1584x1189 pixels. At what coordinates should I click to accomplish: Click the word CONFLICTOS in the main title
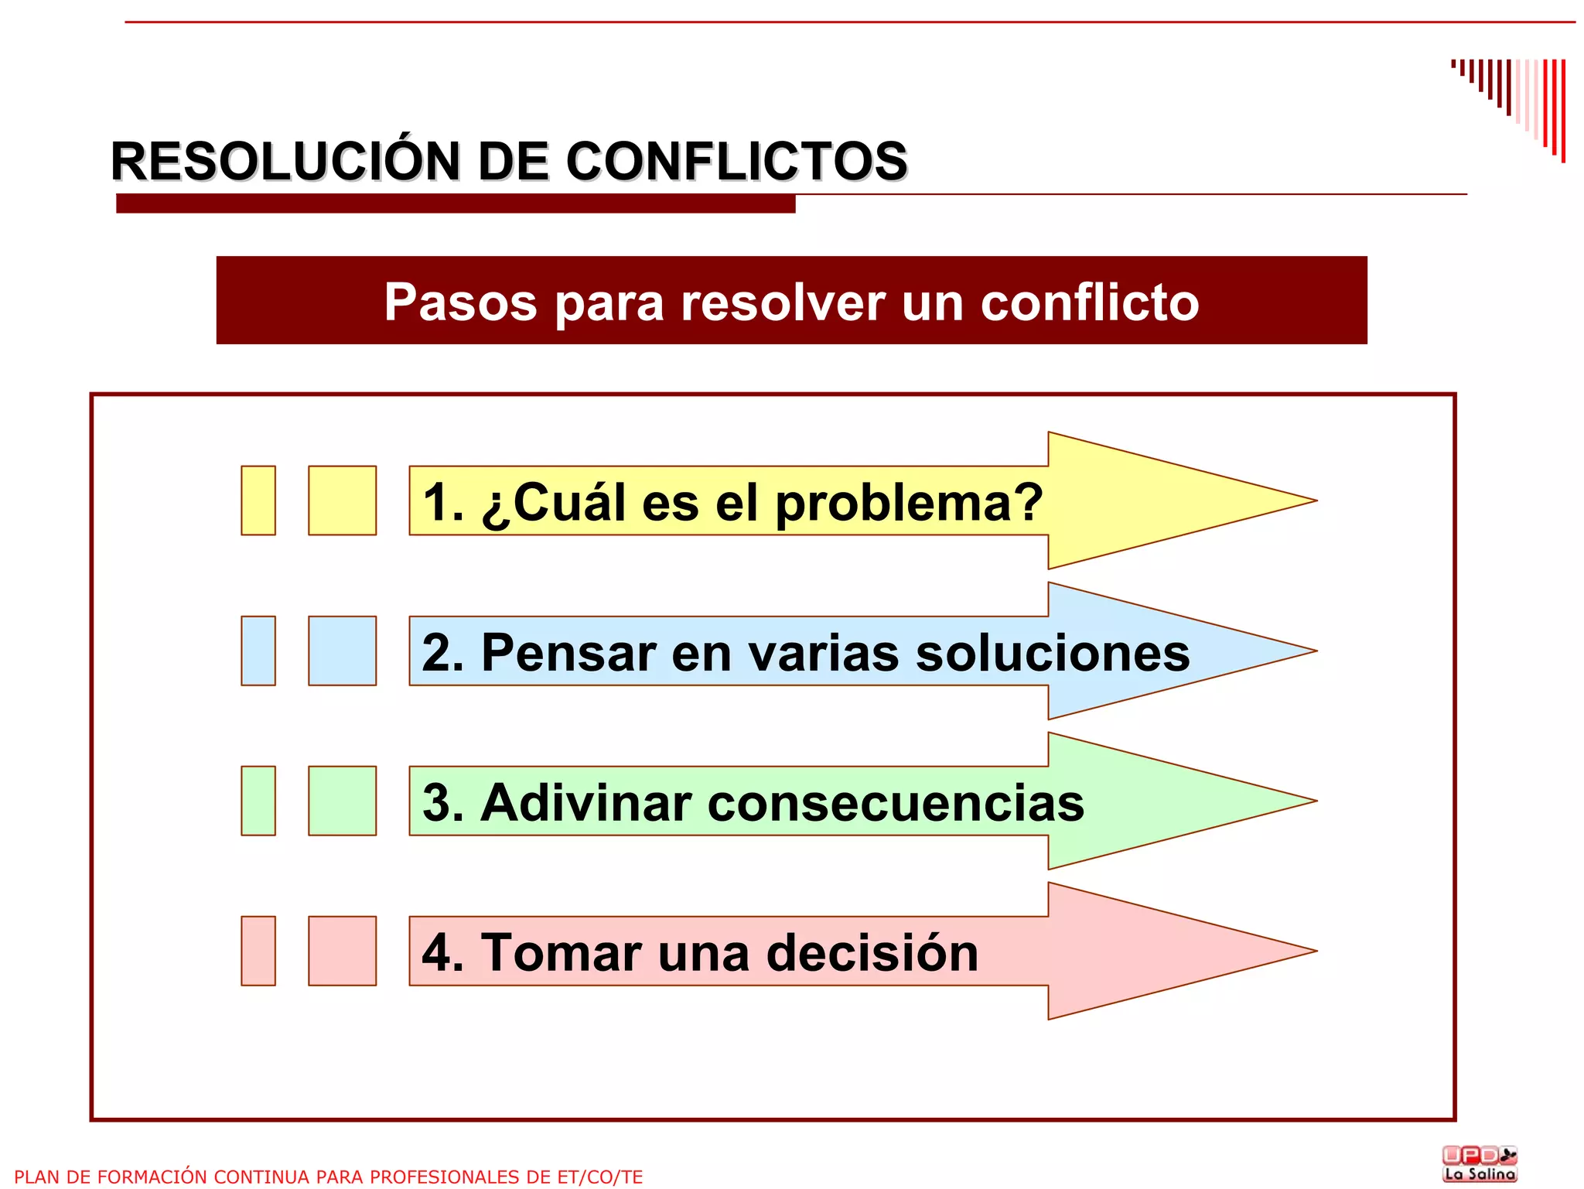pos(736,162)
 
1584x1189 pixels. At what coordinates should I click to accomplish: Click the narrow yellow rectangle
pos(258,501)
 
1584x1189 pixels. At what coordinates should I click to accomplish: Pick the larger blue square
pos(342,651)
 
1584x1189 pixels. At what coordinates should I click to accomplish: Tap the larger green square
pos(342,801)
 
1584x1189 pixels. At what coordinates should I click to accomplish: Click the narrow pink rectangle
pos(258,951)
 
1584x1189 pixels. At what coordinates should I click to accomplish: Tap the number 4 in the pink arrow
pos(436,953)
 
